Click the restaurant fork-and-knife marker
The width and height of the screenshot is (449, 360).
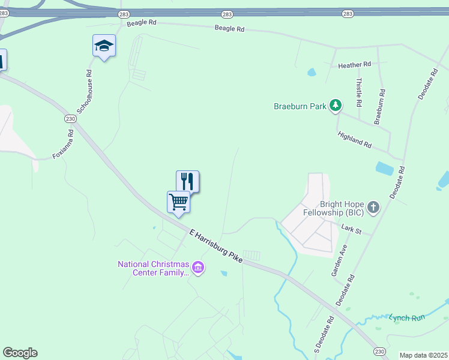[187, 181]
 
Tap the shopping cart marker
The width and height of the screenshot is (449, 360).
[178, 202]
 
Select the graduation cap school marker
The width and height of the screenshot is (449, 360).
[104, 46]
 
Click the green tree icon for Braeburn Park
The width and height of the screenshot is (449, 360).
[336, 106]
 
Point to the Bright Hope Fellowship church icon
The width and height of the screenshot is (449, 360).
[373, 208]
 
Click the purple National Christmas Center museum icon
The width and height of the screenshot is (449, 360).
[198, 268]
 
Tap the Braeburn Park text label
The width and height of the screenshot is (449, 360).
[300, 107]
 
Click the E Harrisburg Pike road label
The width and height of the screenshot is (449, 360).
[215, 245]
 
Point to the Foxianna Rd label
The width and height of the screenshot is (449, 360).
[63, 145]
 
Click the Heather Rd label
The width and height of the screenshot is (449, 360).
[355, 65]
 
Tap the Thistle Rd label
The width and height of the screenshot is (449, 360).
[359, 92]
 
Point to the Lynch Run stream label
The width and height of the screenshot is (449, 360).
[406, 317]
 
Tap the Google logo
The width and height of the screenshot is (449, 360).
[20, 353]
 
